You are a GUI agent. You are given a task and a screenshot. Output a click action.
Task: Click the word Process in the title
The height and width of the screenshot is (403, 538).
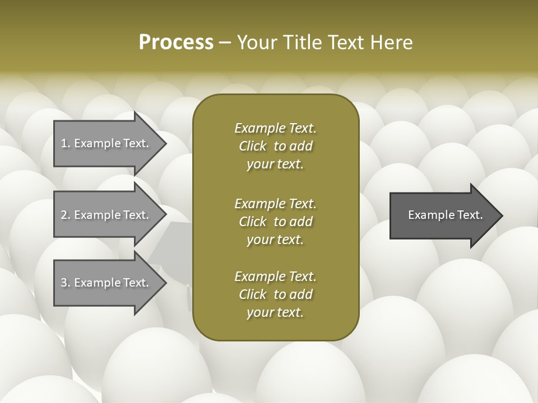tap(176, 43)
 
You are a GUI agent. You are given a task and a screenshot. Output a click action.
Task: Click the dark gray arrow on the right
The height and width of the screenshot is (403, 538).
tap(443, 215)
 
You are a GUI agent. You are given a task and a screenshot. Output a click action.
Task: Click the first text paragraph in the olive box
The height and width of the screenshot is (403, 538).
tap(275, 146)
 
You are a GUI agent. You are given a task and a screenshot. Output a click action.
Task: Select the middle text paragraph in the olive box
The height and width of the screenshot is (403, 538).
tap(275, 222)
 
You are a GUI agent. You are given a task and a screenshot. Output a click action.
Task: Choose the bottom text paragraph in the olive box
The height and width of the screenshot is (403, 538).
tap(275, 294)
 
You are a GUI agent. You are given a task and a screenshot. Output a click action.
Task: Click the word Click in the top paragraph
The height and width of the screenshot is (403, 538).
tap(253, 146)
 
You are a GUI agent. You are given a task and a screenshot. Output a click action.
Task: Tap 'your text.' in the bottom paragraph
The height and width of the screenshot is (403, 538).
tap(275, 312)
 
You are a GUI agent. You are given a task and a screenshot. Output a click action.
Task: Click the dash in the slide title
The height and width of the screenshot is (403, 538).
tap(225, 43)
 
